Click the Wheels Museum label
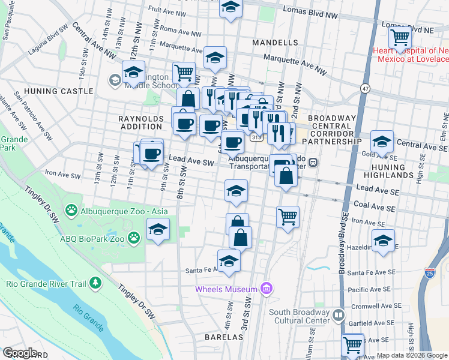point(226,290)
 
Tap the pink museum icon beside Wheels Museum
point(265,290)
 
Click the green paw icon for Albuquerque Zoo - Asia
point(72,210)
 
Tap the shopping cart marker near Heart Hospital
point(399,37)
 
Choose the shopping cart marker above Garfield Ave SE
point(352,345)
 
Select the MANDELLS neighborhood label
point(275,43)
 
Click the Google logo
point(20,353)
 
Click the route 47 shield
point(365,88)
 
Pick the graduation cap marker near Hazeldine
point(383,240)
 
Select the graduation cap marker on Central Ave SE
point(382,142)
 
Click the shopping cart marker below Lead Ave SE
point(288,217)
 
